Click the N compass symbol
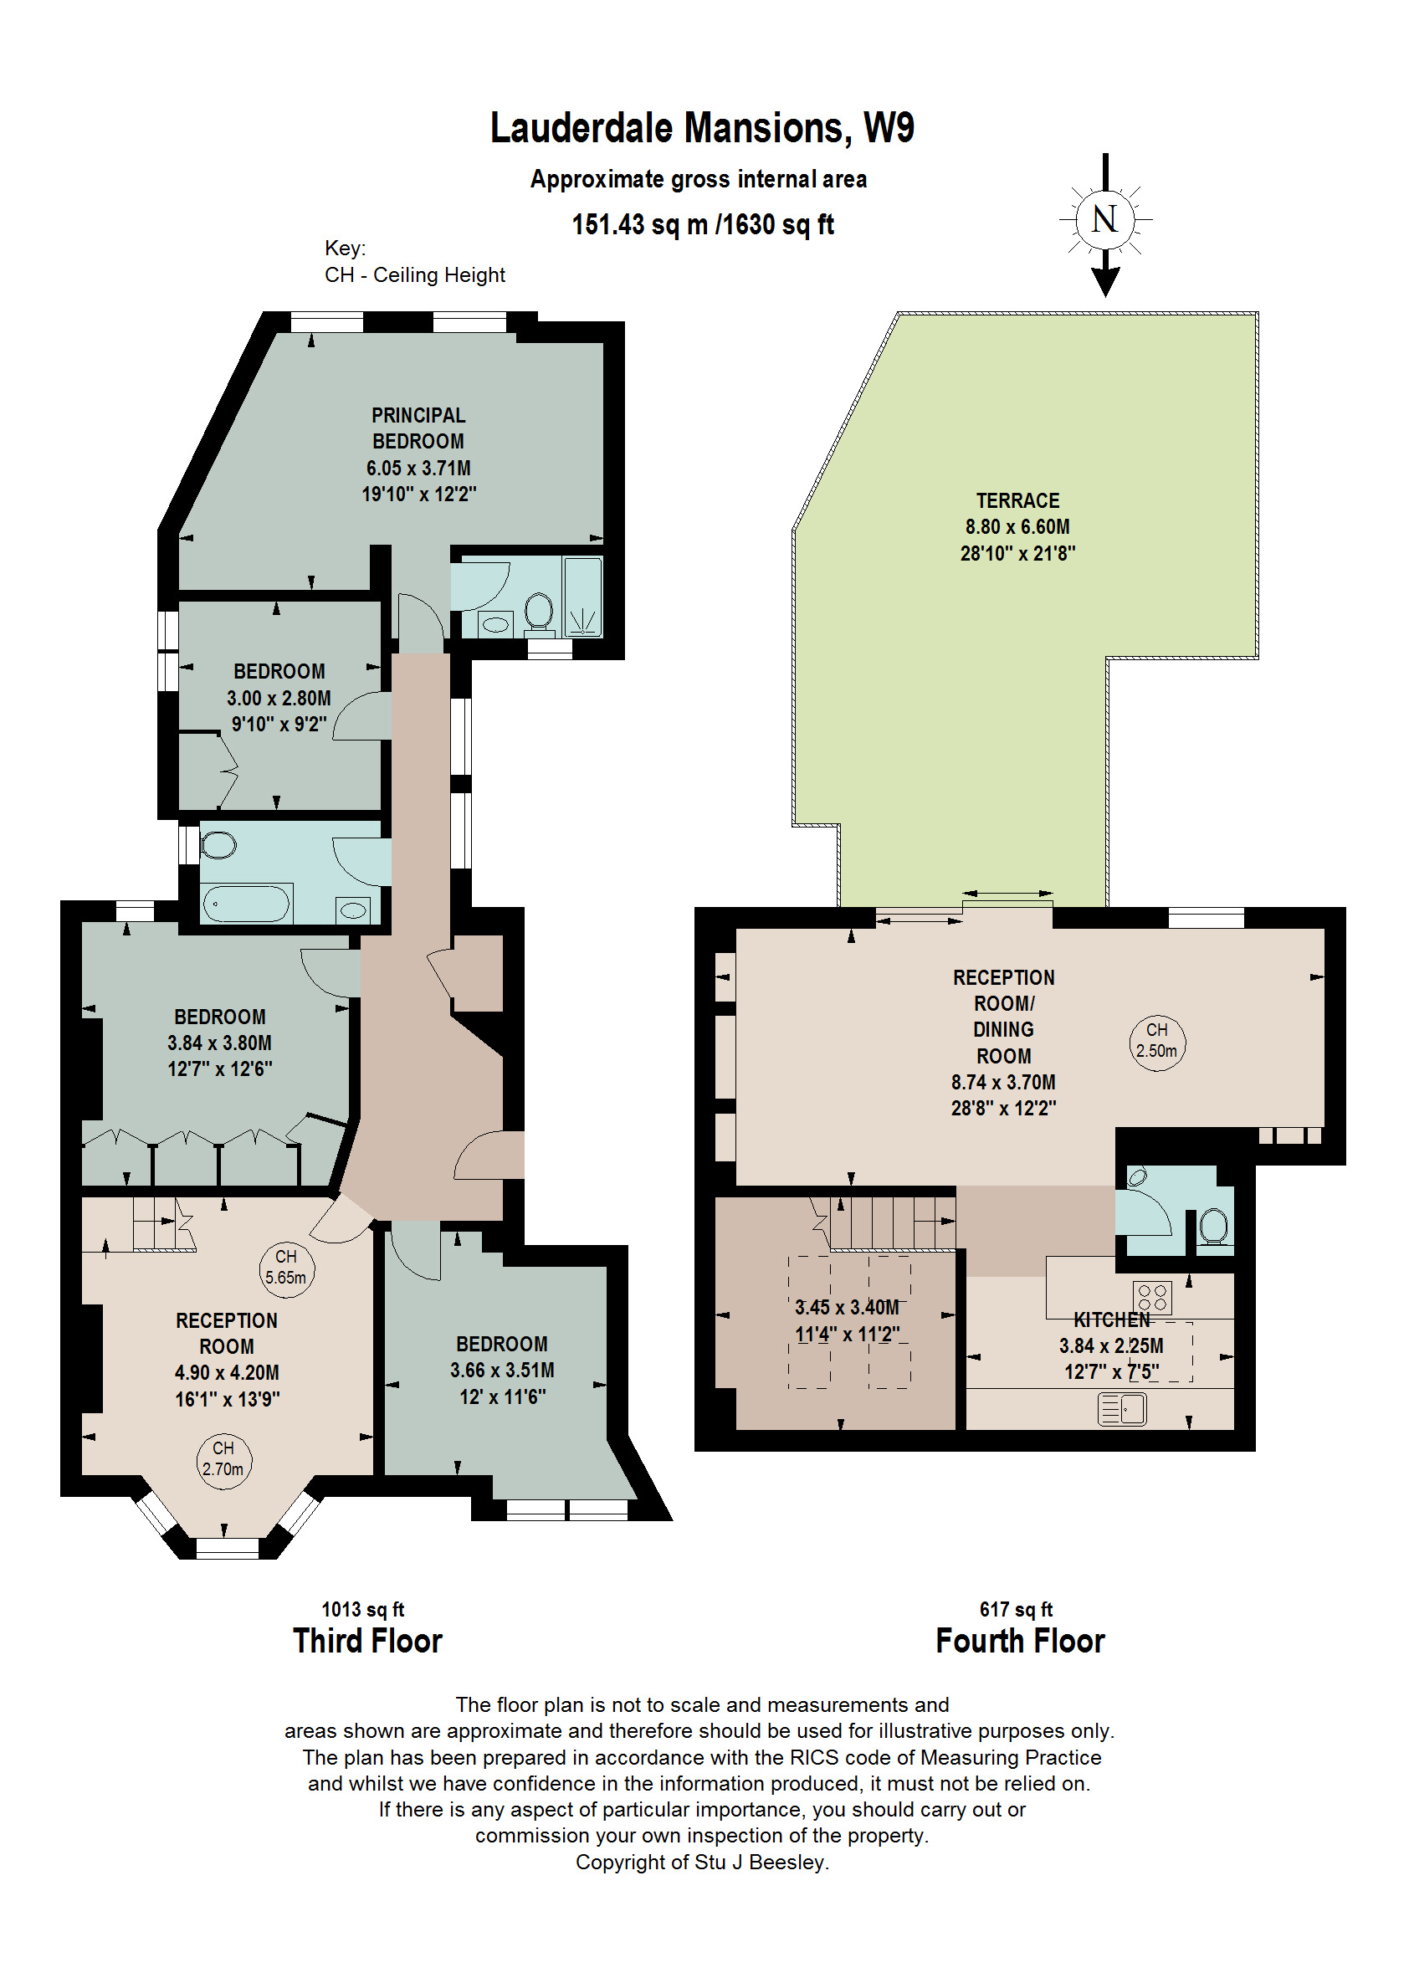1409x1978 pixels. tap(1104, 218)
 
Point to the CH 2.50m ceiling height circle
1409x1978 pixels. tap(1157, 1041)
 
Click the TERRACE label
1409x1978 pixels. tap(1017, 500)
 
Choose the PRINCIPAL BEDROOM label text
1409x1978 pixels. tap(418, 428)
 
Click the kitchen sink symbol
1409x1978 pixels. tap(1122, 1409)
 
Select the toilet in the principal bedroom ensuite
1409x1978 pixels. tap(539, 611)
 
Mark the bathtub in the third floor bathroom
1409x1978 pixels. tap(246, 904)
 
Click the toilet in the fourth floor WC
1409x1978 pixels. tap(1214, 1227)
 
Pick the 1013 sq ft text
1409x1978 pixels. tap(362, 1609)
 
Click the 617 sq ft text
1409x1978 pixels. tap(1016, 1609)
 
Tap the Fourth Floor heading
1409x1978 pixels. tap(1019, 1642)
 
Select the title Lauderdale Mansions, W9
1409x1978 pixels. tap(702, 128)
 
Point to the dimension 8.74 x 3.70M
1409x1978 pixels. tap(1003, 1082)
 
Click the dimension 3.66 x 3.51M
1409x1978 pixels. tap(501, 1370)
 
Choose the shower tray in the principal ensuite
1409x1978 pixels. tap(582, 597)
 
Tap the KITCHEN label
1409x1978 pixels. tap(1111, 1320)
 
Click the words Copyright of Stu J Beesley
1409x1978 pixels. tap(702, 1863)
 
